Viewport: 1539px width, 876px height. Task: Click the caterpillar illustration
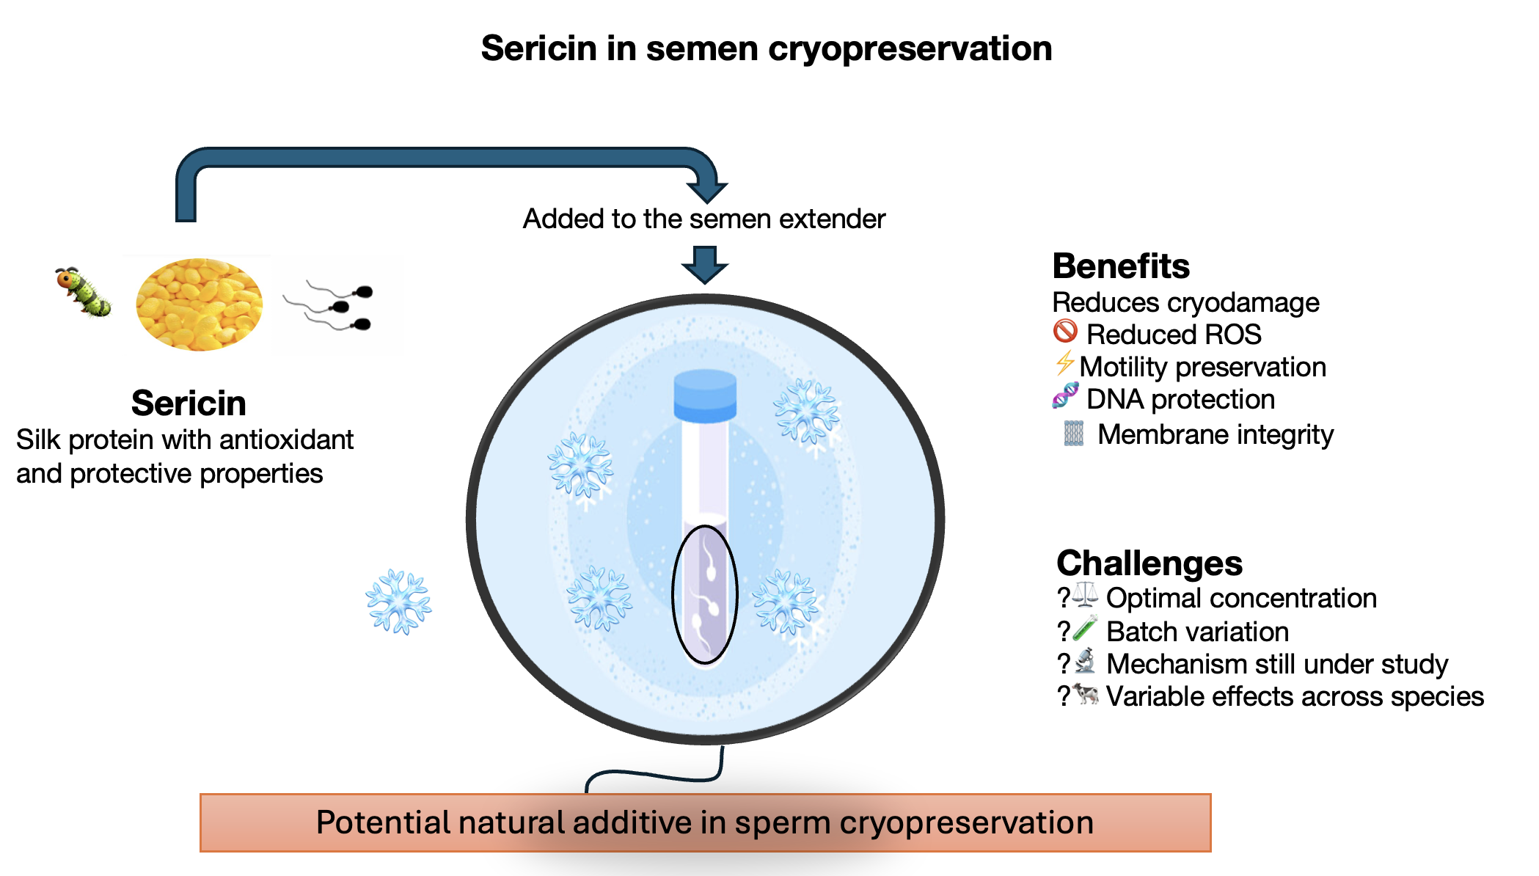coord(83,292)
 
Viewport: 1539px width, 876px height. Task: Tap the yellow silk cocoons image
coord(199,304)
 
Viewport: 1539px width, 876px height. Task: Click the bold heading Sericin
coord(189,403)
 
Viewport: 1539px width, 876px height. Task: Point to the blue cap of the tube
coord(705,396)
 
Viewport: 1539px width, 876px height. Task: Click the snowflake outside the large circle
coord(398,602)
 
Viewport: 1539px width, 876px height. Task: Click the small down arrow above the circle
coord(705,265)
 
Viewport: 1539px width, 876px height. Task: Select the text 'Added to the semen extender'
coord(704,219)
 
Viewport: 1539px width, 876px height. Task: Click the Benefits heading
coord(1121,266)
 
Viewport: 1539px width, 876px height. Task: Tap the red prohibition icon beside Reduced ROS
coord(1065,332)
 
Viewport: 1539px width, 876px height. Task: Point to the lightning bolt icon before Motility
coord(1065,363)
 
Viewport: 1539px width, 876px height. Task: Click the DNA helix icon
coord(1065,395)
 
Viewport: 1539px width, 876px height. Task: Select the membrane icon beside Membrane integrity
coord(1074,434)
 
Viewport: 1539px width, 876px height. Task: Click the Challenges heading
coord(1149,563)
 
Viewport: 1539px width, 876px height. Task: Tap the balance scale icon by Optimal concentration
coord(1085,595)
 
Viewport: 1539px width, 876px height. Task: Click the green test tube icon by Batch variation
coord(1085,629)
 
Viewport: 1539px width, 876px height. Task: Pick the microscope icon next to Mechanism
coord(1085,661)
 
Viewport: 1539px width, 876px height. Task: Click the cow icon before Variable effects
coord(1086,693)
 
